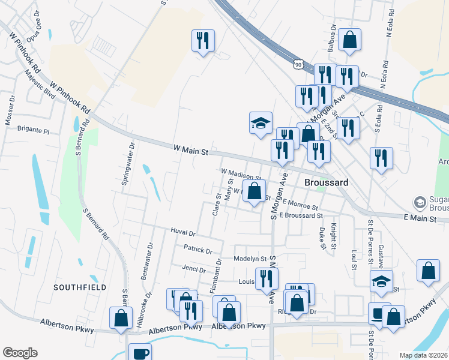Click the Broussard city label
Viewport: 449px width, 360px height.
(x=325, y=182)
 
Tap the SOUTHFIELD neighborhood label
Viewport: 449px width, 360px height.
(x=80, y=287)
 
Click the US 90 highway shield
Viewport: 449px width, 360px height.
(x=299, y=63)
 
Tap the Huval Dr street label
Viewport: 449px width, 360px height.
(x=183, y=232)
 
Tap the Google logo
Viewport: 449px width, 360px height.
(x=20, y=352)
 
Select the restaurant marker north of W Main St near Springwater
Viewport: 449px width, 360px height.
(x=203, y=41)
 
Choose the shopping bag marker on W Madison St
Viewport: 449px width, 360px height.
(x=255, y=192)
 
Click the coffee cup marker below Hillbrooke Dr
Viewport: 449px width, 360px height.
(x=140, y=353)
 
